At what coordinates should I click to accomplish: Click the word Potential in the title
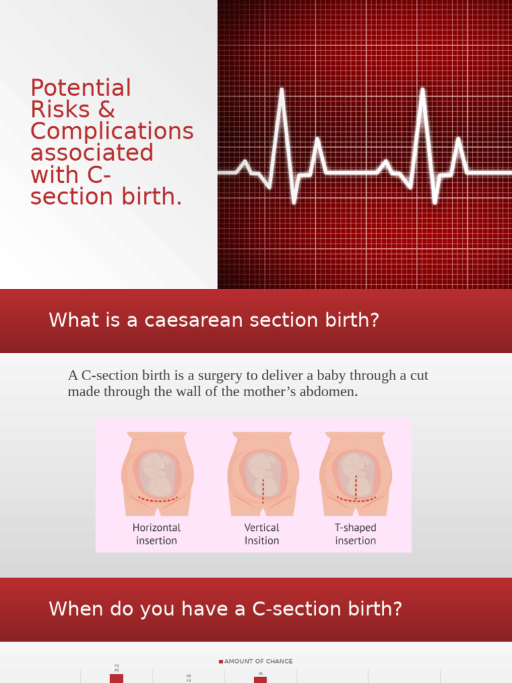click(81, 88)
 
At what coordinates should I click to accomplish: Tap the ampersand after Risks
click(107, 109)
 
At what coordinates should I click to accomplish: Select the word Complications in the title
click(112, 131)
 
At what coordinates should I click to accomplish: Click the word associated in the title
click(92, 153)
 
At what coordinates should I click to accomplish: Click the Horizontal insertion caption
click(157, 534)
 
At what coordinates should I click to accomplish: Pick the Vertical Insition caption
click(262, 534)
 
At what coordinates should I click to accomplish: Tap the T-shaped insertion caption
click(355, 534)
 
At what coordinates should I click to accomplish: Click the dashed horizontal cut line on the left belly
click(157, 499)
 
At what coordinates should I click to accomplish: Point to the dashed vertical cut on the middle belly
click(263, 491)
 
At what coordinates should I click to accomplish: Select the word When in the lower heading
click(76, 609)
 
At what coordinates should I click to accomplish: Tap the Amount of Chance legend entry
click(256, 661)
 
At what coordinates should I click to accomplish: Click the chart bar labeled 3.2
click(117, 678)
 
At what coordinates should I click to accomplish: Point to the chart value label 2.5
click(189, 677)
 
